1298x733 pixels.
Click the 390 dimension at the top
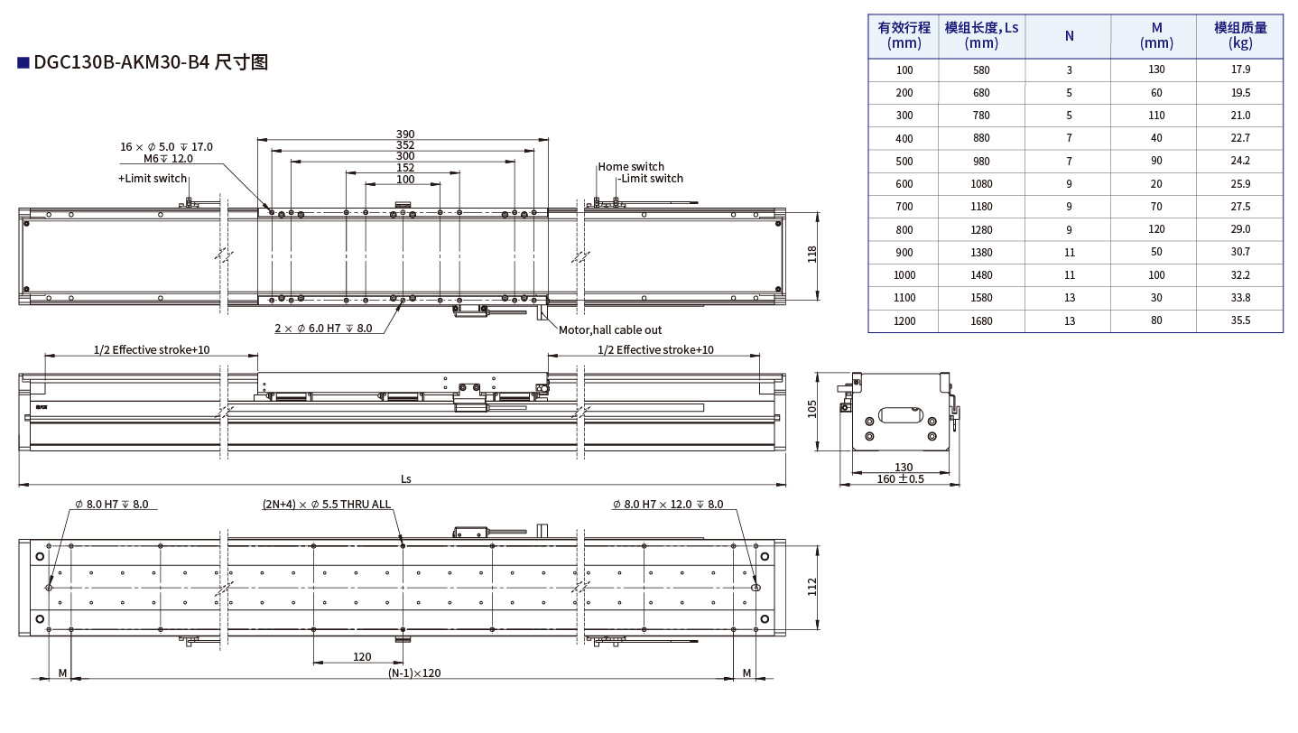(x=405, y=134)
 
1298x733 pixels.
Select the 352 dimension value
(x=405, y=145)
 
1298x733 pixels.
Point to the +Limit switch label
(x=153, y=179)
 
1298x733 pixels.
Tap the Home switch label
(x=631, y=166)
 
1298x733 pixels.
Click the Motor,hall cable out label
(x=610, y=330)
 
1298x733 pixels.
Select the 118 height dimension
(x=811, y=255)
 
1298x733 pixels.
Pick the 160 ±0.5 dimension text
(x=900, y=478)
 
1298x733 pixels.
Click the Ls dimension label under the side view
(x=405, y=479)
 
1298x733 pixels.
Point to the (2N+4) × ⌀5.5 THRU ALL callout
(x=327, y=505)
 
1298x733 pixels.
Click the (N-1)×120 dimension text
(x=414, y=673)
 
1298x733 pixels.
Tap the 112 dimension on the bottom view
(x=811, y=587)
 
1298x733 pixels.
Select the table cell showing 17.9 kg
(x=1239, y=70)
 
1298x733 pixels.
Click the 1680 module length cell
(x=981, y=320)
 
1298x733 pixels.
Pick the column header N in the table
(x=1069, y=36)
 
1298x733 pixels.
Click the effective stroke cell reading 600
(x=904, y=184)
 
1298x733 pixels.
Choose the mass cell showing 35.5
(x=1239, y=320)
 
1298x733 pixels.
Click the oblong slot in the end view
(x=898, y=415)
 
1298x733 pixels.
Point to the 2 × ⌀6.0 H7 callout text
(x=323, y=329)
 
